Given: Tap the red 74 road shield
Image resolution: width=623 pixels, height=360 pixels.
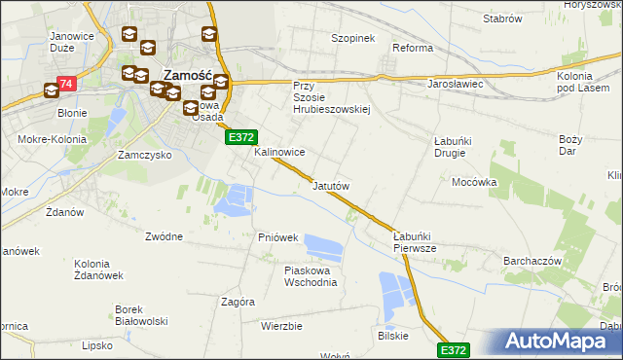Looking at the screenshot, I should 66,85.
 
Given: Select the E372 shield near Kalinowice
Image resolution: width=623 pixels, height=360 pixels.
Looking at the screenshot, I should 241,138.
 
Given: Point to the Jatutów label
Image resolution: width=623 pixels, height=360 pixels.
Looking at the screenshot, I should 331,185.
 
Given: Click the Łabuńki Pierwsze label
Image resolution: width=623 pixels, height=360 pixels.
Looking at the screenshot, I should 421,242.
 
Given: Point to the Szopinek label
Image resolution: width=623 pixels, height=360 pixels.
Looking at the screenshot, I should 352,38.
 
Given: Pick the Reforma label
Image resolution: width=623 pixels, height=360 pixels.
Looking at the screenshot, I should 412,48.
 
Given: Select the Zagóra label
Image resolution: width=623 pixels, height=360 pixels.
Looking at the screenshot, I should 238,302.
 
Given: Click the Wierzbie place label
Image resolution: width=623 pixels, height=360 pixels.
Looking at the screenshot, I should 281,326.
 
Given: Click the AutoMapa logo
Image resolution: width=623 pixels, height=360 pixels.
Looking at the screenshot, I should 559,342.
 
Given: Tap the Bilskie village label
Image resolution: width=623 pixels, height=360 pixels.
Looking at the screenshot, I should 393,335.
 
